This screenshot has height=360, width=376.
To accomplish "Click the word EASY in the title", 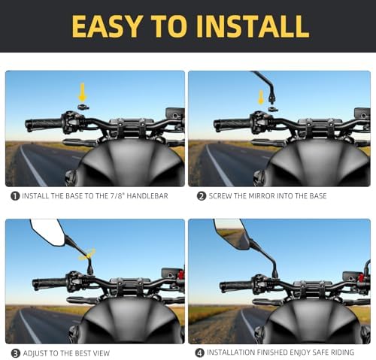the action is pos(106,26).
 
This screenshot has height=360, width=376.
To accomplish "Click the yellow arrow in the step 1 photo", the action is pos(83,93).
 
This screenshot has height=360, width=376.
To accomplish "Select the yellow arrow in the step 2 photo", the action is pos(261,98).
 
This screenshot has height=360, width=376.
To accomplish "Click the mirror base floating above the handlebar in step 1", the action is pos(83,107).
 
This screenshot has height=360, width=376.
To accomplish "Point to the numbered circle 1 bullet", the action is pos(15,196).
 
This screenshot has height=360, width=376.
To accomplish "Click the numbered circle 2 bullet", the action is pos(202,196).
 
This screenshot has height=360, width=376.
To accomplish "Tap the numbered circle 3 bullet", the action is pos(16,353).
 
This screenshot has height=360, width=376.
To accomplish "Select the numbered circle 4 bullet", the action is pos(199,352).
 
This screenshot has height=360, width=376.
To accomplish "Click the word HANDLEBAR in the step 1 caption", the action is pos(147,196).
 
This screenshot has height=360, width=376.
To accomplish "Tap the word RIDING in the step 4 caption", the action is pos(341,352).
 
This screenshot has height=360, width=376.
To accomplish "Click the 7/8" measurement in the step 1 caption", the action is pos(117,196).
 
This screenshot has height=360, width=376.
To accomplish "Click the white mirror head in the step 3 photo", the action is pos(47,231).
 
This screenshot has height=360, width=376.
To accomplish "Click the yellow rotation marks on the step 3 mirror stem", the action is pos(87,254).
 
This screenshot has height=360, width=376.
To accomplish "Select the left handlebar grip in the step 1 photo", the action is pos(44,124).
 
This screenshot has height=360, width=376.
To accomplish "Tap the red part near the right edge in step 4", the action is pos(360,278).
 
